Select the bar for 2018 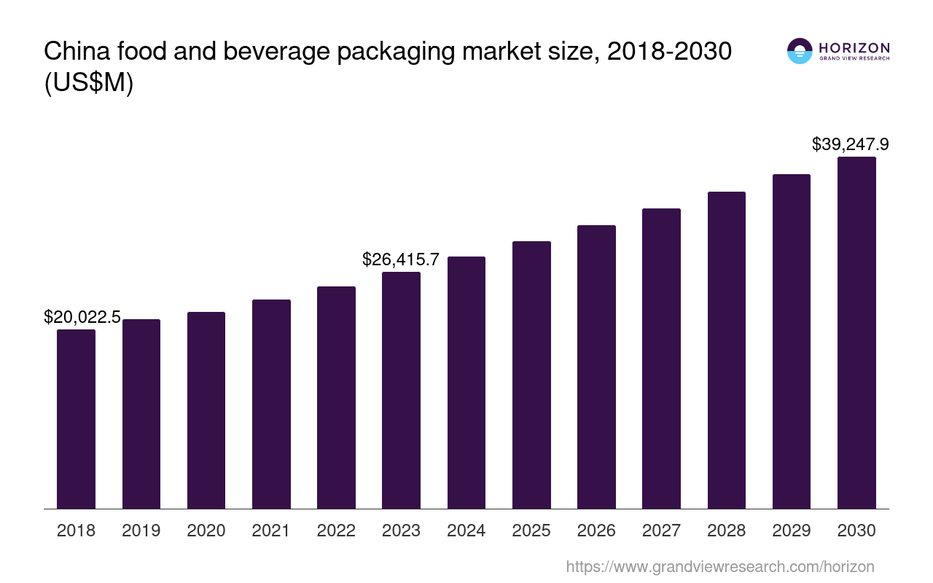tap(76, 419)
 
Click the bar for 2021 tap(271, 404)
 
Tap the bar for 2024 tap(466, 383)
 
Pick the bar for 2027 tap(661, 359)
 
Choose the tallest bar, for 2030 tap(856, 333)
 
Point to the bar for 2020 tap(206, 410)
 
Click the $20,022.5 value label tap(82, 317)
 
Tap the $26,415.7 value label tap(401, 259)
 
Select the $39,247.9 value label tap(850, 144)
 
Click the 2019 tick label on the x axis tap(141, 531)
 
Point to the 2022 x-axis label tap(336, 531)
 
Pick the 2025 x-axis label tap(531, 531)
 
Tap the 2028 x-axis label tap(727, 531)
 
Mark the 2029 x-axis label tap(792, 531)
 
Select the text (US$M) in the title tap(89, 83)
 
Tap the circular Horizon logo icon tap(800, 51)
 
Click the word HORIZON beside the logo tap(854, 47)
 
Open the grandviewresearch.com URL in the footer tap(719, 566)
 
